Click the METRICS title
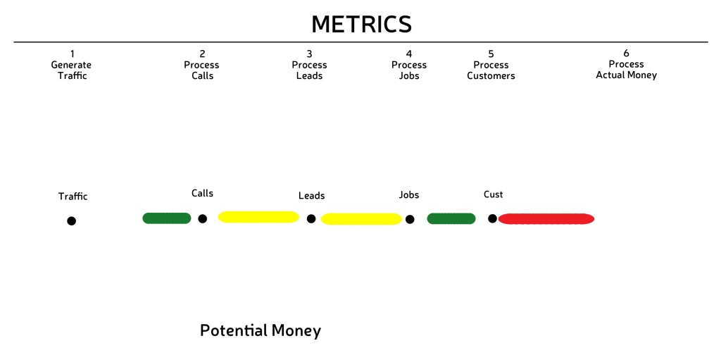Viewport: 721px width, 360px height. click(x=361, y=25)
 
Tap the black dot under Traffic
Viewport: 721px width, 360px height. click(x=71, y=221)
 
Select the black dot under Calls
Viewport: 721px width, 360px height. click(x=202, y=218)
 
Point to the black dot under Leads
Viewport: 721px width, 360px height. click(x=311, y=218)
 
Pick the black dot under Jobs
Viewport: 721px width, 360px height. click(x=410, y=219)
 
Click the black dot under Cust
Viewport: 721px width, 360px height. click(x=492, y=218)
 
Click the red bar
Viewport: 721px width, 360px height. click(x=546, y=218)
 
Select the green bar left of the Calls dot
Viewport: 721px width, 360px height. click(x=166, y=218)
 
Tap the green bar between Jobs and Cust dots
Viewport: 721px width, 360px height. click(x=451, y=218)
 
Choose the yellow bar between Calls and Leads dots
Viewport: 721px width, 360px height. click(x=258, y=217)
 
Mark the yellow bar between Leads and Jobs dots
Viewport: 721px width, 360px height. click(x=361, y=219)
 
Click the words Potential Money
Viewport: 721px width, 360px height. click(x=261, y=330)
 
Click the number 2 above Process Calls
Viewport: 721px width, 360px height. click(x=202, y=54)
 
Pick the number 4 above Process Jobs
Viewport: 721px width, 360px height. click(x=409, y=54)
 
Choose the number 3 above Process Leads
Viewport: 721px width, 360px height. click(x=310, y=54)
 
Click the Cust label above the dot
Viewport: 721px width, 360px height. click(x=494, y=194)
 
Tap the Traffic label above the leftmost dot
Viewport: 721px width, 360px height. click(x=73, y=197)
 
